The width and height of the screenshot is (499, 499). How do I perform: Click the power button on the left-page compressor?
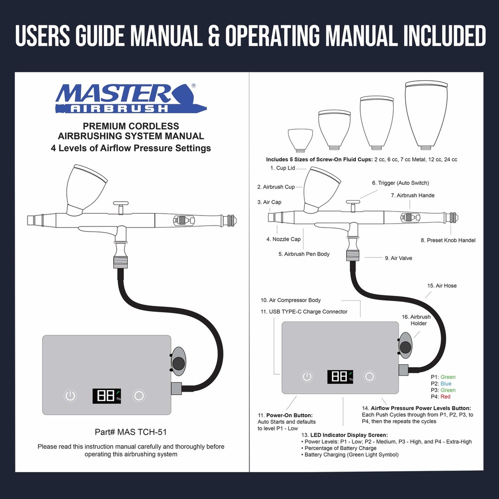point(71,396)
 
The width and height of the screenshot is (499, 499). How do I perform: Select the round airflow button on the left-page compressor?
point(140,396)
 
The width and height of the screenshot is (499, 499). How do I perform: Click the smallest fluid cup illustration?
point(300,140)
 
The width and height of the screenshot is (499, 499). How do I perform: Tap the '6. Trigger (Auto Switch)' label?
point(400,183)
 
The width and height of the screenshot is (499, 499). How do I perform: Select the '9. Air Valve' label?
point(398,258)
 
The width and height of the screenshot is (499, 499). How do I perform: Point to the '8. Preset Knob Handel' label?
point(448,241)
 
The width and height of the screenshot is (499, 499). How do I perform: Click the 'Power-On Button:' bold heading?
point(285,415)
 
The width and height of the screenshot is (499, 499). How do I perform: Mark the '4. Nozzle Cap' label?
point(283,240)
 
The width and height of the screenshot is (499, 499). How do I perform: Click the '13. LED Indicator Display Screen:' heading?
point(344,435)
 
